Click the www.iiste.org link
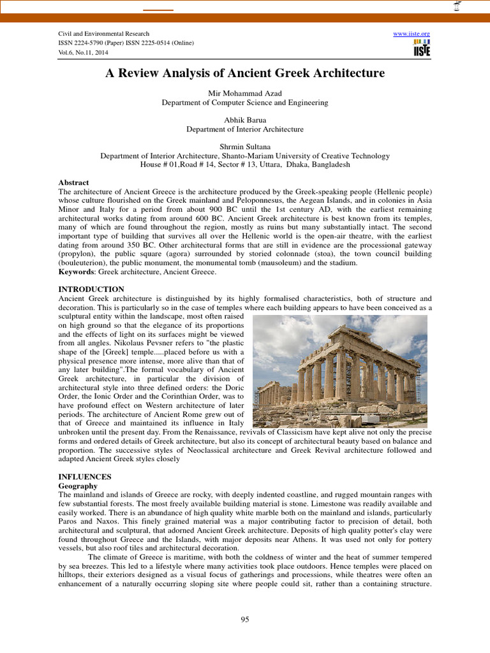coord(412,33)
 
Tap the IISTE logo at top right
coord(422,47)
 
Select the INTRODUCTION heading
coord(91,289)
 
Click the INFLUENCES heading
coord(85,476)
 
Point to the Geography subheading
coord(78,485)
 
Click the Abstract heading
coord(73,182)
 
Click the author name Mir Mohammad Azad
coord(244,93)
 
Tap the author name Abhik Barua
coord(244,120)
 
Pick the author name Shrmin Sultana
coord(244,147)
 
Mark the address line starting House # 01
coord(244,165)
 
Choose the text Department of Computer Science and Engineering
coord(244,102)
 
